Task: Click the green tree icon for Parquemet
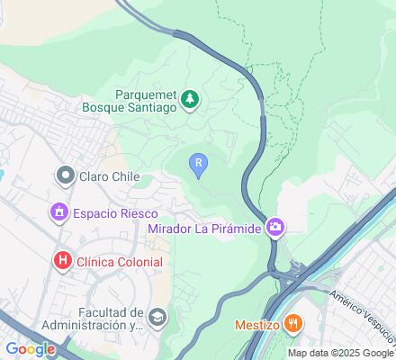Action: point(190,99)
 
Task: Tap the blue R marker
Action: point(198,163)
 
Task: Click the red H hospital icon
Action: point(62,261)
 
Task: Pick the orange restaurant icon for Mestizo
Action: point(292,323)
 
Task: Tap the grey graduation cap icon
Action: point(157,316)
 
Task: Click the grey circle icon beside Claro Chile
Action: point(66,175)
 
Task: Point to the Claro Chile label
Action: point(109,176)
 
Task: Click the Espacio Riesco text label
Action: point(116,214)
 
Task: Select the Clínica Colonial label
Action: point(120,262)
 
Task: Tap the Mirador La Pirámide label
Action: point(204,229)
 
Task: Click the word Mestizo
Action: point(256,324)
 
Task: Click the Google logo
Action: point(30,349)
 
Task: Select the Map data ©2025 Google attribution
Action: point(341,353)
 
